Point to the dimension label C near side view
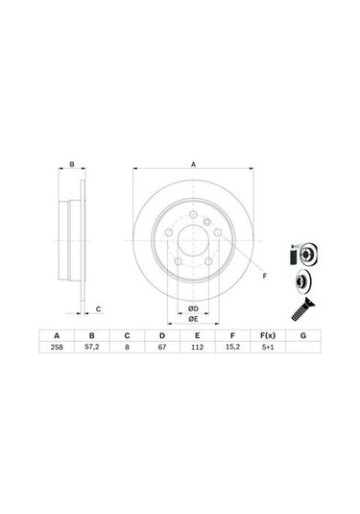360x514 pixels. [x=97, y=307]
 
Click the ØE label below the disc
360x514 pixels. [x=193, y=318]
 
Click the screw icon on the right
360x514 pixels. [x=297, y=310]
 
